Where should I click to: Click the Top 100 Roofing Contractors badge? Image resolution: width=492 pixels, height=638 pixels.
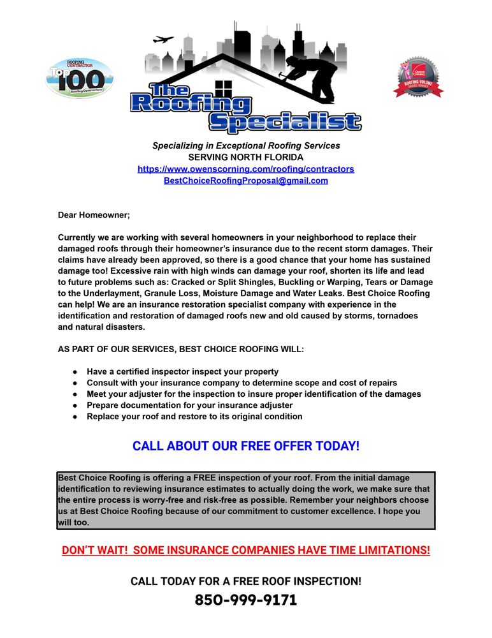80,78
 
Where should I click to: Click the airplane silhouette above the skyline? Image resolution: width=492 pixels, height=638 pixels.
163,39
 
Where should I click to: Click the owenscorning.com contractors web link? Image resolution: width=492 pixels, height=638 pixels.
246,169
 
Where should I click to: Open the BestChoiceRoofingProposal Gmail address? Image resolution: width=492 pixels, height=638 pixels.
246,181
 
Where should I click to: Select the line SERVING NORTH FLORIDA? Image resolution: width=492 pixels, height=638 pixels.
246,158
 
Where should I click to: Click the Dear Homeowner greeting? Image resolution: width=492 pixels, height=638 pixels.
94,216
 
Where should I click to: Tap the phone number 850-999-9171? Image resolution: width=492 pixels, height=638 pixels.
246,600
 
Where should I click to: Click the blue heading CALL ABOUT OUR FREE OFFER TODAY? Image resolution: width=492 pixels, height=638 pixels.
246,446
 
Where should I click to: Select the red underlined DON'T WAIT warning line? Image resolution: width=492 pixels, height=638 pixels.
246,550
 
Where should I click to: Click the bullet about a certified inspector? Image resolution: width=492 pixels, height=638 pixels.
182,371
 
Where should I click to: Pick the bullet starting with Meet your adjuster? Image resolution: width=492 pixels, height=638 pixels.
254,394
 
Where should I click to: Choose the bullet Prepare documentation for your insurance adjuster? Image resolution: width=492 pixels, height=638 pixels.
190,405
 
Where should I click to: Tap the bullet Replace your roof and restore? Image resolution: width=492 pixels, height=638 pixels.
194,417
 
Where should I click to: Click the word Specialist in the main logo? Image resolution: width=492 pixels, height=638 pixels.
285,122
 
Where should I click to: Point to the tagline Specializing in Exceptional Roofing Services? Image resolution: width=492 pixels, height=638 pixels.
246,145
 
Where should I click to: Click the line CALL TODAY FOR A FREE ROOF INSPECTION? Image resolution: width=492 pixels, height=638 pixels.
246,581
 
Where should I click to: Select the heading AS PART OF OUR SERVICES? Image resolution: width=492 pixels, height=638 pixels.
181,349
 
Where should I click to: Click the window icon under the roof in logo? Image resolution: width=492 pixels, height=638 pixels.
224,87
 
